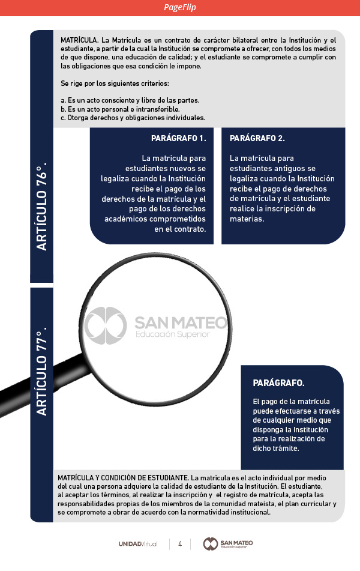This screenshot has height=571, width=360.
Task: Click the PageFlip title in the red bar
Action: (x=179, y=8)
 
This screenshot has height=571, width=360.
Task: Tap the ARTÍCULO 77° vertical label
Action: (x=41, y=372)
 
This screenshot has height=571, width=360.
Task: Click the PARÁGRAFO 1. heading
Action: (x=179, y=138)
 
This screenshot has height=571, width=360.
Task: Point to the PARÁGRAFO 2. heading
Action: (x=257, y=138)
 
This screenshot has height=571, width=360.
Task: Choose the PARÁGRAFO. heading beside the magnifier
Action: (x=278, y=382)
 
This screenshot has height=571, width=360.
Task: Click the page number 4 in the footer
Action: (x=180, y=543)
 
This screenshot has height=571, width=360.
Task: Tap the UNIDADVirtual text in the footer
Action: (x=138, y=543)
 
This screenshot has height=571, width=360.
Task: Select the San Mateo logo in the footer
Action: (x=228, y=543)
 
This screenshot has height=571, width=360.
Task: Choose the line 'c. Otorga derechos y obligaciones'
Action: (x=133, y=118)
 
